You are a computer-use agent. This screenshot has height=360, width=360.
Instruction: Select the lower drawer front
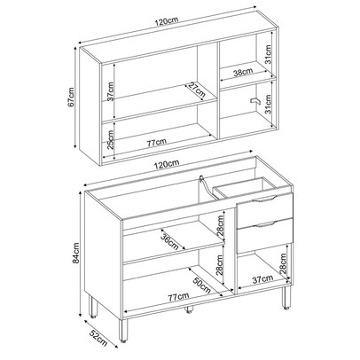[x=262, y=234]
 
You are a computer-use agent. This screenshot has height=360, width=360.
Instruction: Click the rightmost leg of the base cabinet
[x=286, y=298]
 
